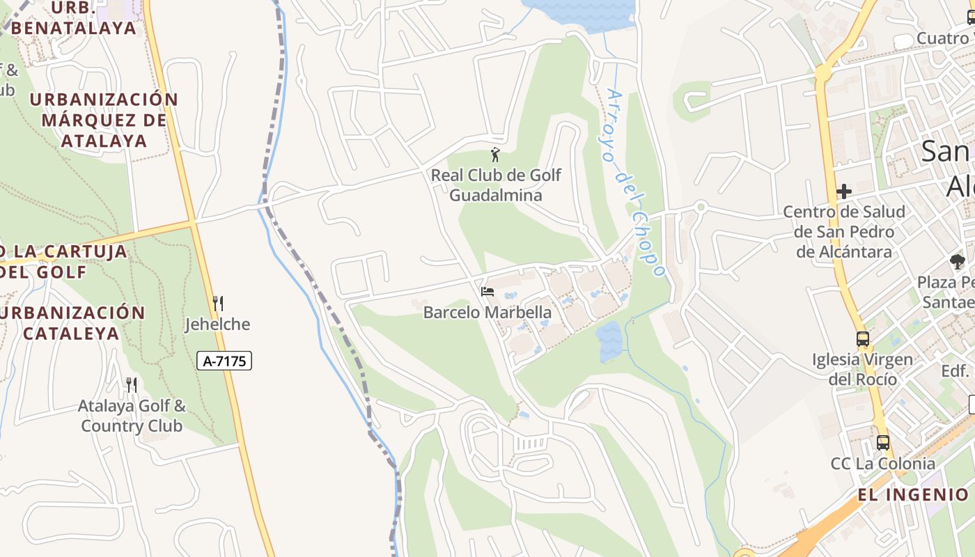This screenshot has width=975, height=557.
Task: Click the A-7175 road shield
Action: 224,361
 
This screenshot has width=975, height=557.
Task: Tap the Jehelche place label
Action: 217,324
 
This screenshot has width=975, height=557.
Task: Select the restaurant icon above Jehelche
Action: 217,304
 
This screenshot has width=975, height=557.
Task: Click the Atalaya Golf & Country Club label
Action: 132,416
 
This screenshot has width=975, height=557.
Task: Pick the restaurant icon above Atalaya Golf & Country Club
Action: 131,385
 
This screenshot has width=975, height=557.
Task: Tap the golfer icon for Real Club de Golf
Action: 495,155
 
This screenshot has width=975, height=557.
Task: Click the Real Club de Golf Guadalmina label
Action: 495,185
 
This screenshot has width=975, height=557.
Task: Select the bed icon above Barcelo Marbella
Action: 487,291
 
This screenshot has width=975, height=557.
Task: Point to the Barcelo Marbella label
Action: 487,313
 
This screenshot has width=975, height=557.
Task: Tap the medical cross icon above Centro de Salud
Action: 844,191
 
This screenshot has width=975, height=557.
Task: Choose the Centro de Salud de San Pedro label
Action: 844,231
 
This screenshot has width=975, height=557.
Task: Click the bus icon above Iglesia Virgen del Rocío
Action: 863,339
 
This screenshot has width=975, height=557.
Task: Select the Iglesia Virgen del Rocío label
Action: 863,370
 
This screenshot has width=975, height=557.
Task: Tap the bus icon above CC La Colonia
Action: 883,442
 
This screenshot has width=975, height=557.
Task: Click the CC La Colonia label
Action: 883,464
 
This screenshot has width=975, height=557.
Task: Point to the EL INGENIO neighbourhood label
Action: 913,495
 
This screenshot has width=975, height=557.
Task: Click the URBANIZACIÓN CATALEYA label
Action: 73,322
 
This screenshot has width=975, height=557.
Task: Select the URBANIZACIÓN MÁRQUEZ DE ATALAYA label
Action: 104,120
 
